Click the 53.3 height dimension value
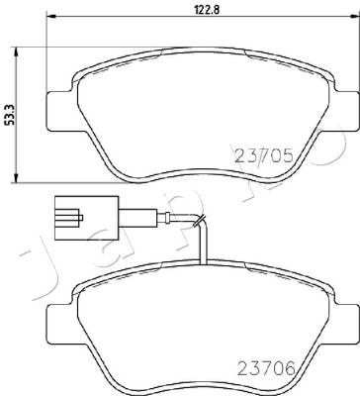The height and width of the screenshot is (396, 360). click(x=10, y=115)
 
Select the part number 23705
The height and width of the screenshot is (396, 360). click(x=263, y=155)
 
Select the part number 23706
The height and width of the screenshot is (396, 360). click(x=266, y=369)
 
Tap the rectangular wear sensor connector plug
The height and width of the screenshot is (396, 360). click(x=86, y=218)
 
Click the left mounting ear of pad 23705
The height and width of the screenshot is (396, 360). click(x=60, y=111)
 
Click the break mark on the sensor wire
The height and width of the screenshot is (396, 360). click(x=200, y=221)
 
